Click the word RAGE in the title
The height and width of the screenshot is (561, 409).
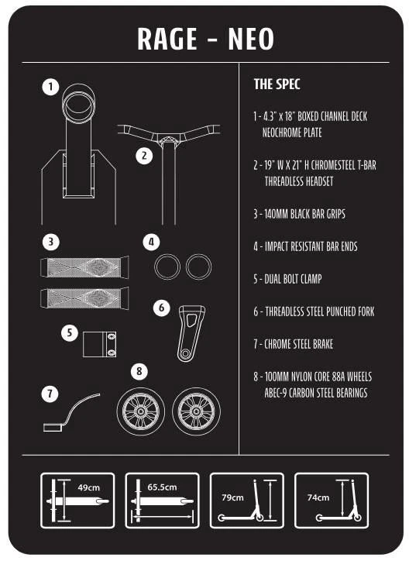(167, 39)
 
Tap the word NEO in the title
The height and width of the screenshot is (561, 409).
(251, 39)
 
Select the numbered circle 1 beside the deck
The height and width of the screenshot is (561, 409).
(50, 87)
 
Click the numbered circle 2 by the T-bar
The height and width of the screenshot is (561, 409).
(144, 156)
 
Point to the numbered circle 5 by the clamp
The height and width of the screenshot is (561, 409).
(70, 332)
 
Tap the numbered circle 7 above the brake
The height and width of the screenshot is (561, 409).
(50, 394)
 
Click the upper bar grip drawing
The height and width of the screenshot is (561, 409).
(84, 267)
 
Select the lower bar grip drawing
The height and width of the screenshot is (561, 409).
(84, 298)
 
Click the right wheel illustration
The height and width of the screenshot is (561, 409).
(196, 411)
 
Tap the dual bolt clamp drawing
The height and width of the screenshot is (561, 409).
(99, 344)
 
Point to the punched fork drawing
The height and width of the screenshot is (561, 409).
(191, 333)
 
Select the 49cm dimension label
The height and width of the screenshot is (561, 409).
(88, 487)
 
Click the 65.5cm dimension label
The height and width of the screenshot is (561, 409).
(162, 487)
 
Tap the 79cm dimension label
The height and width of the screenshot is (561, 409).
(232, 497)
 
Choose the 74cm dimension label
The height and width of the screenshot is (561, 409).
(318, 497)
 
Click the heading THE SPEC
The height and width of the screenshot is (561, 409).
(277, 84)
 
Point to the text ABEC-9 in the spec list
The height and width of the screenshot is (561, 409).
(276, 393)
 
